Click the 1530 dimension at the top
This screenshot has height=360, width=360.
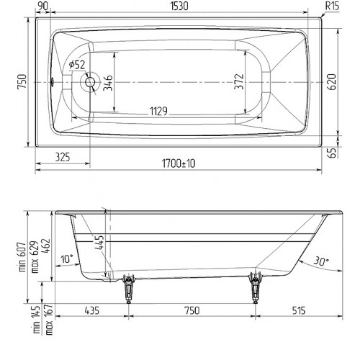[x=179, y=6]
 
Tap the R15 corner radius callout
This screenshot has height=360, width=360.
[x=332, y=6]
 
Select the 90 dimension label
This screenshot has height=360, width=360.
[x=43, y=6]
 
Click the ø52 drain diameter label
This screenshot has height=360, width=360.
[x=77, y=65]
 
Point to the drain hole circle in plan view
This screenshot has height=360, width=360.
[x=90, y=82]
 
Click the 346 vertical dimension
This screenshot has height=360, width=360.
[x=108, y=83]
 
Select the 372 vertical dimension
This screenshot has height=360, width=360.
[x=239, y=82]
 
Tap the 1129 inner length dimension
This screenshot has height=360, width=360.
[x=158, y=112]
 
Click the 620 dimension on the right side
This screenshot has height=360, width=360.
[x=332, y=82]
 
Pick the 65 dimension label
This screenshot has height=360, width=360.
[x=332, y=153]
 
